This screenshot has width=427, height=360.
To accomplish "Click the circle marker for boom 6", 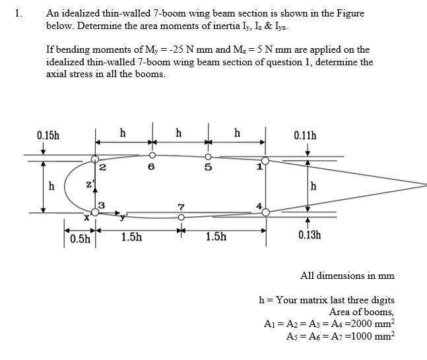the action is point(152,156).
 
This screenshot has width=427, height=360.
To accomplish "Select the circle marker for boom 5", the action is point(208,156).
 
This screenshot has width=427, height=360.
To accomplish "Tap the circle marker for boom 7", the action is point(181,216).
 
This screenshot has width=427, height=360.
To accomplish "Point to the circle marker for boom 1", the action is point(265,160).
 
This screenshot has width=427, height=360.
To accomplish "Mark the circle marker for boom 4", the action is point(265,212).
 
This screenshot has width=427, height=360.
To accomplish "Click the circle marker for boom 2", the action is point(95,160).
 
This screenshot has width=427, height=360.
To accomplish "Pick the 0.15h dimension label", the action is point(48,136).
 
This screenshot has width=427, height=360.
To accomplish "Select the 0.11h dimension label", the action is point(304,136).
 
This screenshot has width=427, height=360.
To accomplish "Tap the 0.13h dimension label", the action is point(310,235).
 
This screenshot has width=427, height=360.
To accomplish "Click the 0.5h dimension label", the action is point(80,238).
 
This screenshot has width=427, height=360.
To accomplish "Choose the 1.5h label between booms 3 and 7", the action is point(131,236).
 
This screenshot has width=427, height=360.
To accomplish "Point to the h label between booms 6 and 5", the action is point(179,133).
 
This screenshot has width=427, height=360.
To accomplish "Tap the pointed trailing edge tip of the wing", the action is point(426,184).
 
